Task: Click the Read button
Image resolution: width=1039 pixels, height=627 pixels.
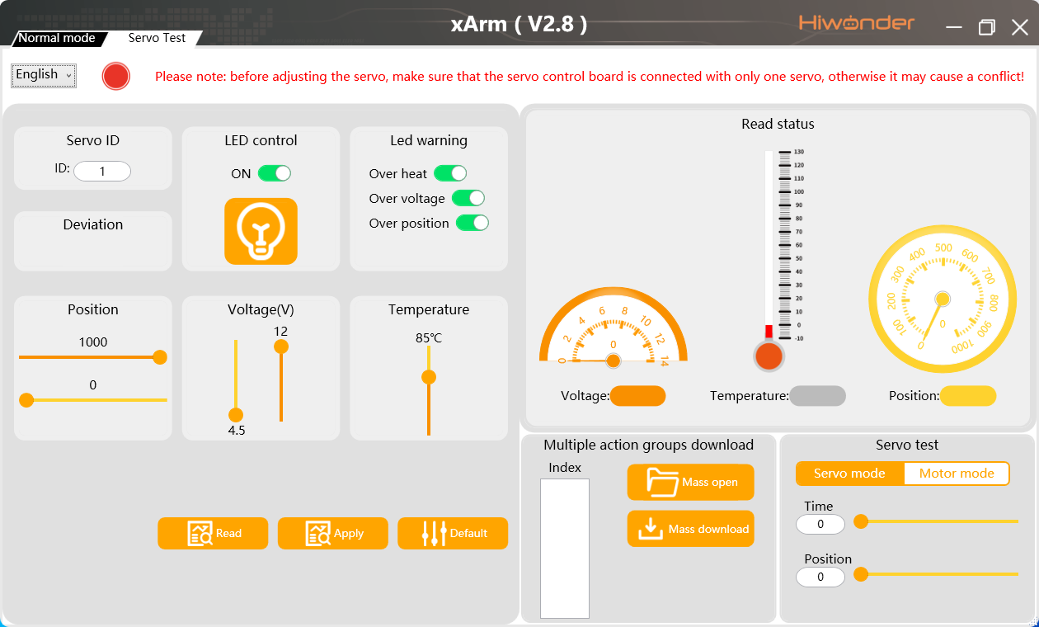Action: pyautogui.click(x=213, y=533)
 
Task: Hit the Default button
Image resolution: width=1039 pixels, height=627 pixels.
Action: pyautogui.click(x=453, y=533)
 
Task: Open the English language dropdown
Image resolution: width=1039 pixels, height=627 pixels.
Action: pyautogui.click(x=44, y=75)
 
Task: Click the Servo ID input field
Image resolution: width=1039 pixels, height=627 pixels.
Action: pyautogui.click(x=102, y=172)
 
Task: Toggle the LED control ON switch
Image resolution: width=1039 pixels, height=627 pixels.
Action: pyautogui.click(x=274, y=173)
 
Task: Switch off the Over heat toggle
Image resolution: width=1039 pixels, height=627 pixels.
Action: pyautogui.click(x=450, y=173)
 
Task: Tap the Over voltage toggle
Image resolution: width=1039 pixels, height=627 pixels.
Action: pyautogui.click(x=468, y=198)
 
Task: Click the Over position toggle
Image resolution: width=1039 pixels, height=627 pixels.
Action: pyautogui.click(x=472, y=223)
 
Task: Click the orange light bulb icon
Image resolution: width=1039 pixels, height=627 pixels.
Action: pyautogui.click(x=261, y=231)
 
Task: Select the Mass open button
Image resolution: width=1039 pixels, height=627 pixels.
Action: pyautogui.click(x=691, y=482)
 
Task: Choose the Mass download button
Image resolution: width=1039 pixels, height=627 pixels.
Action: pyautogui.click(x=691, y=529)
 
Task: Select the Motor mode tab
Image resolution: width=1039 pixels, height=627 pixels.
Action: pyautogui.click(x=957, y=474)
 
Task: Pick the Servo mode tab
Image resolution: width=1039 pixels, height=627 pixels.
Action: pyautogui.click(x=849, y=474)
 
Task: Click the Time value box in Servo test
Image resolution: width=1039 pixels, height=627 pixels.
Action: pyautogui.click(x=820, y=524)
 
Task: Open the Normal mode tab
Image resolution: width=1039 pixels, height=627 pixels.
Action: pyautogui.click(x=57, y=38)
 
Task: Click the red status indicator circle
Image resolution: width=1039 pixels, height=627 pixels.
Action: pyautogui.click(x=116, y=76)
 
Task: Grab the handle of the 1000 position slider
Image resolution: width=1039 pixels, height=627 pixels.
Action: pyautogui.click(x=160, y=357)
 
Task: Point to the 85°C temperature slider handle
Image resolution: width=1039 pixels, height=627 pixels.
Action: pyautogui.click(x=429, y=377)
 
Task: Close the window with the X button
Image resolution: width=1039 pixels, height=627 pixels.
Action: pyautogui.click(x=1020, y=27)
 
